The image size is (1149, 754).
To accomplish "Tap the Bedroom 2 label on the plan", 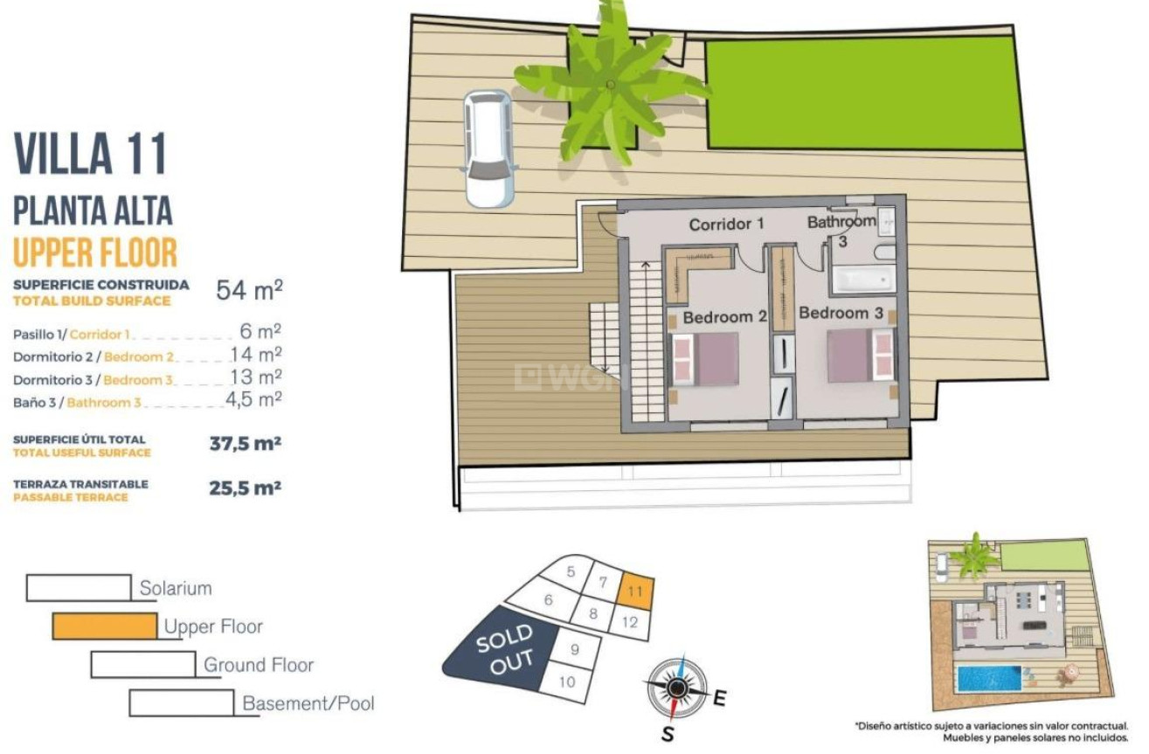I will click(x=723, y=317).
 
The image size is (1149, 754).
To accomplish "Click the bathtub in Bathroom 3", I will click(x=862, y=279).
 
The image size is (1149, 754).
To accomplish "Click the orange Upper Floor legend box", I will click(x=105, y=626).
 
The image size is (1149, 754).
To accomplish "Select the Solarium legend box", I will click(x=79, y=588).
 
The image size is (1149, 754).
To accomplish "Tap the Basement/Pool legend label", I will click(x=308, y=703).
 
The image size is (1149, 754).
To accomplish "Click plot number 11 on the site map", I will click(x=635, y=591).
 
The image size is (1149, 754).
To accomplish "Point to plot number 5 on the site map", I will click(x=571, y=572).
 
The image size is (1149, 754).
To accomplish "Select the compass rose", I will click(x=675, y=688).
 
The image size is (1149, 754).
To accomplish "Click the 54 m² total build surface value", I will click(x=249, y=290).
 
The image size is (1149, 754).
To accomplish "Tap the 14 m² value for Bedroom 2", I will click(x=255, y=355).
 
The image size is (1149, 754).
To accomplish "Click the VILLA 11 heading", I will click(x=91, y=154).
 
